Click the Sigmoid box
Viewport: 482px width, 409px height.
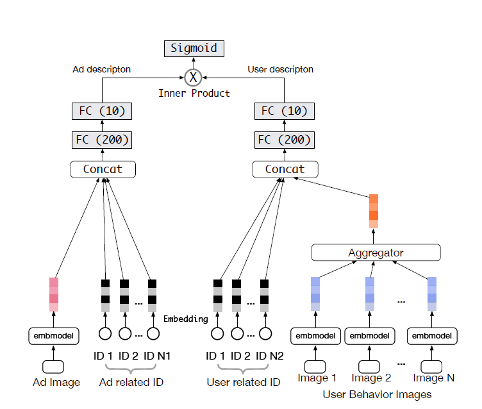coord(193,48)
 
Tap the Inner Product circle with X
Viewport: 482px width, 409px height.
coord(193,78)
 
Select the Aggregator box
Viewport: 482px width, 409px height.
coord(376,253)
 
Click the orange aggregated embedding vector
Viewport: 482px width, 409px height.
coord(374,211)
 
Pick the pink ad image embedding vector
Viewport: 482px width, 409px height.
coord(54,294)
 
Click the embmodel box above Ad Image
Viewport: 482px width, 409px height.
coord(54,335)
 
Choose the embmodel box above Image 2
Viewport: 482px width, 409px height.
coord(370,335)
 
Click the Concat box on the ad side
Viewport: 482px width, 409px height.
coord(103,169)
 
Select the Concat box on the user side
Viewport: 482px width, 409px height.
coord(285,169)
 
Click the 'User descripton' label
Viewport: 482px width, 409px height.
coord(280,69)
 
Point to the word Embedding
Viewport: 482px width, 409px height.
coord(186,319)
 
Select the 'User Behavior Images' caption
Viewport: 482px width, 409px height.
coord(377,394)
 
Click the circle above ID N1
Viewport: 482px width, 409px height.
coord(153,333)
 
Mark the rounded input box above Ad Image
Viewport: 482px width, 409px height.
coord(54,366)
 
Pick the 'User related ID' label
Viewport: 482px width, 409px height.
coord(243,383)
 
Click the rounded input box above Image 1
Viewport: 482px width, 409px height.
coord(315,366)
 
